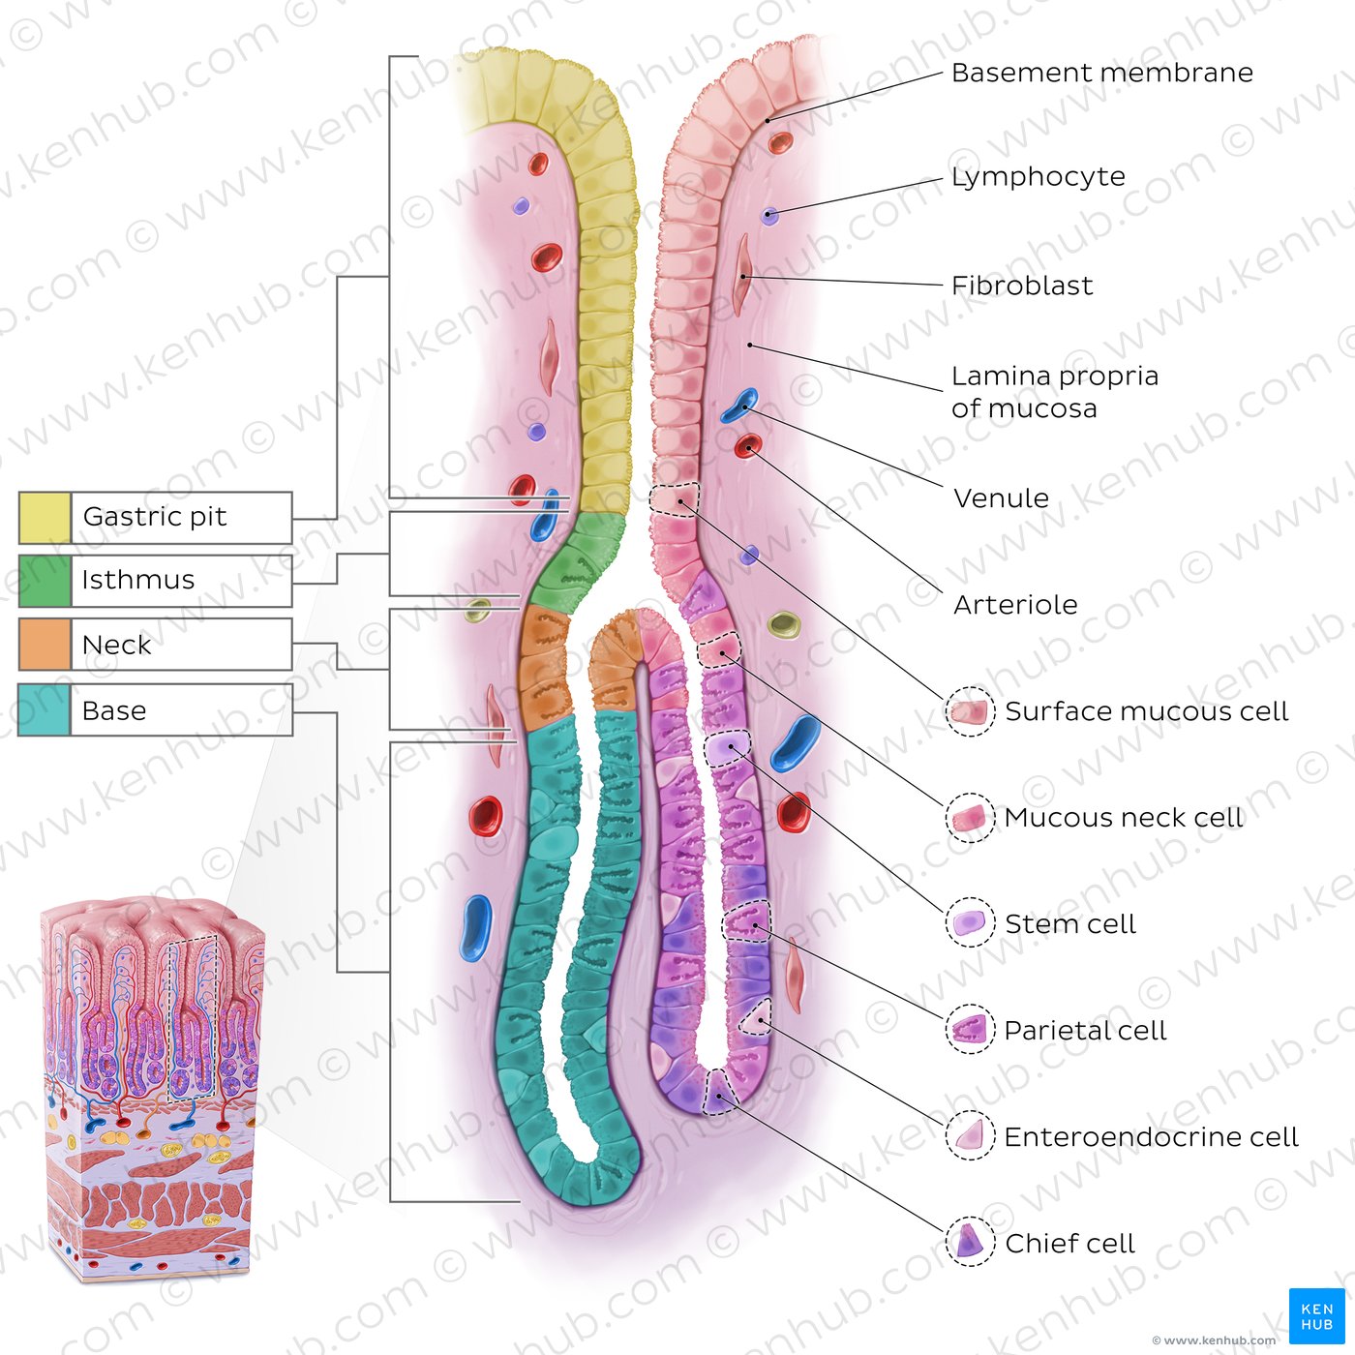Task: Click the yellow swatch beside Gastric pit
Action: (45, 518)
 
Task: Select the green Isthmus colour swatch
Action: (45, 581)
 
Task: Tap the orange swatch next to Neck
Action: (45, 644)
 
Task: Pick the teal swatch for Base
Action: (44, 710)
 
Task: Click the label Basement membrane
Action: (1101, 73)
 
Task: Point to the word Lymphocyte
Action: (1038, 177)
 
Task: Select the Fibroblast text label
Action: (1022, 286)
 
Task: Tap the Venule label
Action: (1001, 498)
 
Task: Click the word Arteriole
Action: (1015, 605)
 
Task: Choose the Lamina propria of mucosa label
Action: (1055, 392)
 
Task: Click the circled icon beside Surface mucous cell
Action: (971, 711)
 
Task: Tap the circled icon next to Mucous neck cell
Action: (971, 818)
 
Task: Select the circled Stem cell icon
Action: (971, 924)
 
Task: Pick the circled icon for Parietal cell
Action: (971, 1030)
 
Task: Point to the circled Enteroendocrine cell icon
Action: (971, 1136)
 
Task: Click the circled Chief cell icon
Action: (971, 1243)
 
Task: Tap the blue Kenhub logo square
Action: (1316, 1316)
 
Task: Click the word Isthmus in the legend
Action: (137, 580)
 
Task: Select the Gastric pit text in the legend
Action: (155, 518)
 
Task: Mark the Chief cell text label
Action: (1069, 1243)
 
